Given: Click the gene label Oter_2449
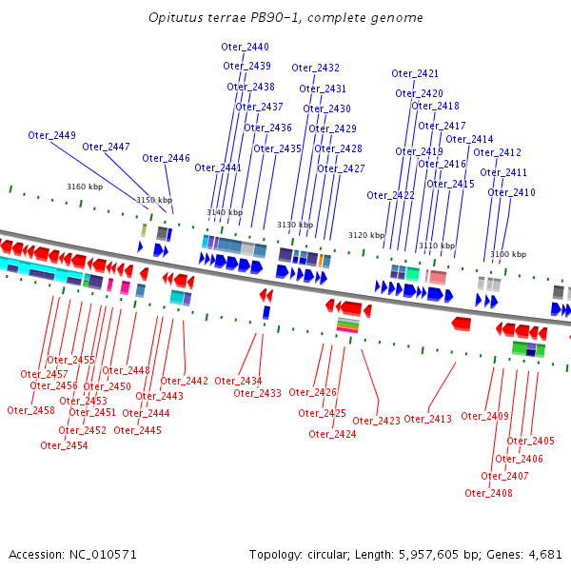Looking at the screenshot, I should pyautogui.click(x=52, y=135).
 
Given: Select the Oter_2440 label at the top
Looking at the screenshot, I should pyautogui.click(x=245, y=47).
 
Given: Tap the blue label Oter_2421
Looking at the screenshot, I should pyautogui.click(x=415, y=73).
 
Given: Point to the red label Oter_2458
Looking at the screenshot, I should pyautogui.click(x=30, y=410).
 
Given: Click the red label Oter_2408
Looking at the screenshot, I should pyautogui.click(x=488, y=493).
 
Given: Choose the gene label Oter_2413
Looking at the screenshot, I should pyautogui.click(x=427, y=419).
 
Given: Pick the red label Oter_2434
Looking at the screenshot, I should pyautogui.click(x=238, y=381).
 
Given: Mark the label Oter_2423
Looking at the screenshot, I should pyautogui.click(x=376, y=421).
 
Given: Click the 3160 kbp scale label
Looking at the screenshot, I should pyautogui.click(x=84, y=187).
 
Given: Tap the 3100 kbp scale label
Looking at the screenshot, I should pyautogui.click(x=508, y=254).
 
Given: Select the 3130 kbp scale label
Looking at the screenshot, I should pyautogui.click(x=295, y=225).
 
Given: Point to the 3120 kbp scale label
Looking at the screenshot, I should pyautogui.click(x=366, y=234).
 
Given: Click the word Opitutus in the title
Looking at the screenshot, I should pyautogui.click(x=175, y=18).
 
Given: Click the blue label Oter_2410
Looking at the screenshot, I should pyautogui.click(x=511, y=192).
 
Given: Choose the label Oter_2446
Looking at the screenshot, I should pyautogui.click(x=166, y=158).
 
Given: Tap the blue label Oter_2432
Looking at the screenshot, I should pyautogui.click(x=315, y=68).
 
